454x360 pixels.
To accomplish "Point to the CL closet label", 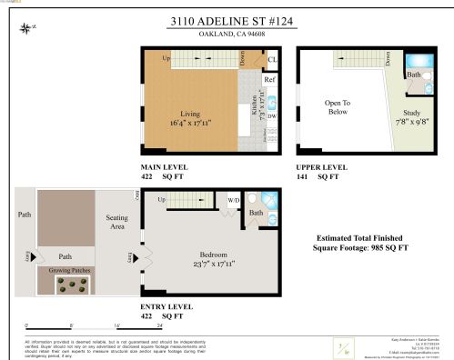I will coord(271,60).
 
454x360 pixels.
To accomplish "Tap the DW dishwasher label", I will coord(270,115).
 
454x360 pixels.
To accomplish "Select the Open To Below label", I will coord(338,109).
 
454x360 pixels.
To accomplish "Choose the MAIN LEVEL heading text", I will coord(165,169).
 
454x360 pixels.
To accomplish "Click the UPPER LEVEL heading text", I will coord(322,169).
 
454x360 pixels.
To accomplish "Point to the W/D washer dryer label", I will coord(233,200).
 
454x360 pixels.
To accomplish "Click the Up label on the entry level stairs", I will coord(161,199).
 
